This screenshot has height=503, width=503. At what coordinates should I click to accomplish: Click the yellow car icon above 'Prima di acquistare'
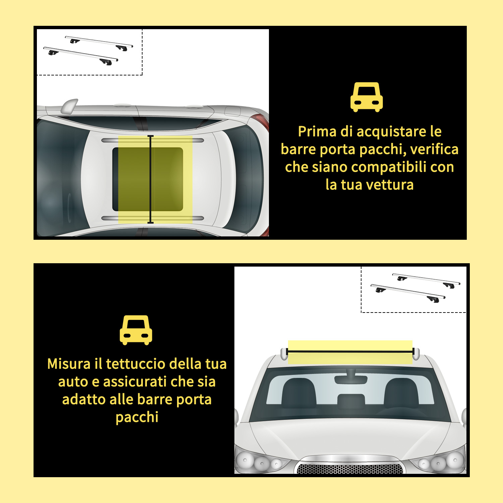367,97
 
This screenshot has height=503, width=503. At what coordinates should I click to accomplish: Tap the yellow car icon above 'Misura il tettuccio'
136,330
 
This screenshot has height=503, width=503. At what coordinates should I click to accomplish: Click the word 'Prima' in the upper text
317,131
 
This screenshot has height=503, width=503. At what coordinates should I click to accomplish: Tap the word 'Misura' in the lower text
69,364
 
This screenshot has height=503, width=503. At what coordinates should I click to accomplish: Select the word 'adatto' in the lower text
81,399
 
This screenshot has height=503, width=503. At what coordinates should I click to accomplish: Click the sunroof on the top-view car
148,179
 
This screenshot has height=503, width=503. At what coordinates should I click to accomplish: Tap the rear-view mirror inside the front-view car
351,379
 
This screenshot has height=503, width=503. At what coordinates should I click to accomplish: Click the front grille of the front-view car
350,468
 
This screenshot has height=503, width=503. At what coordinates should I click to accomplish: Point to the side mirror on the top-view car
69,106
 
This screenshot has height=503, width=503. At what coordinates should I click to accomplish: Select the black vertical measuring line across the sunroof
151,179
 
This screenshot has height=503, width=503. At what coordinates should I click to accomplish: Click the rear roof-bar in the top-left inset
99,43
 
